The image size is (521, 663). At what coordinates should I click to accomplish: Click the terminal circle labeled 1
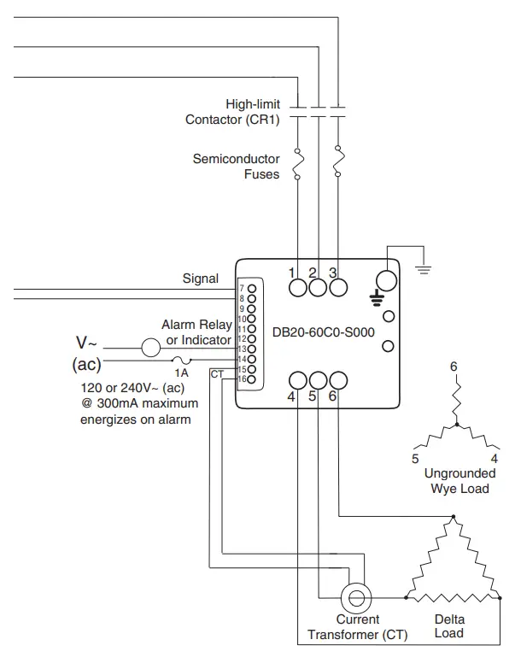coord(297,288)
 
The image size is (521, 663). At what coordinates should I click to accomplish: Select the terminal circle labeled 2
coord(318,288)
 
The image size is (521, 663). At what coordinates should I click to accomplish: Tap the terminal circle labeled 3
coord(338,288)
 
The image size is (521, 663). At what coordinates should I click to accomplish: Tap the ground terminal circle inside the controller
coord(387,281)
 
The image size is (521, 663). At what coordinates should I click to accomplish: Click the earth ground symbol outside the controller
coord(422,270)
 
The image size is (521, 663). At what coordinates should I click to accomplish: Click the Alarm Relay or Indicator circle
coord(150,348)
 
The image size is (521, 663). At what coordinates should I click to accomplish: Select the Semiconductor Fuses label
coord(237,167)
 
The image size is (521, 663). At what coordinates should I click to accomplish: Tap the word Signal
coord(201,279)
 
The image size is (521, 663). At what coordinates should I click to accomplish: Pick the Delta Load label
coord(448,626)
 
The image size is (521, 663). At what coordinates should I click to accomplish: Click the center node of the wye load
coord(457,425)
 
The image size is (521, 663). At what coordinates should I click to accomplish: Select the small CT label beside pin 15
coord(216,374)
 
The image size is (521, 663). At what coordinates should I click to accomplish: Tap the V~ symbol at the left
coord(88,343)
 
